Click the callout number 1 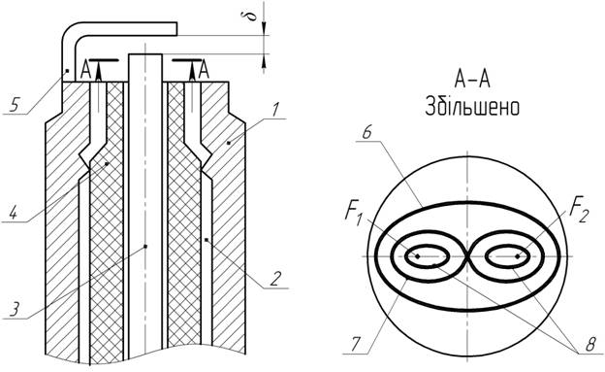pyautogui.click(x=274, y=110)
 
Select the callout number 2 pyautogui.click(x=274, y=279)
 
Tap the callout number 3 pyautogui.click(x=15, y=310)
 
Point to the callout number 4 pyautogui.click(x=14, y=213)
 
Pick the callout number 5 pyautogui.click(x=14, y=105)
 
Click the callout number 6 pyautogui.click(x=366, y=133)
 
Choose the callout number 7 pyautogui.click(x=356, y=344)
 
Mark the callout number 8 pyautogui.click(x=589, y=344)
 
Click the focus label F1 pyautogui.click(x=354, y=214)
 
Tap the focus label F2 pyautogui.click(x=579, y=213)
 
